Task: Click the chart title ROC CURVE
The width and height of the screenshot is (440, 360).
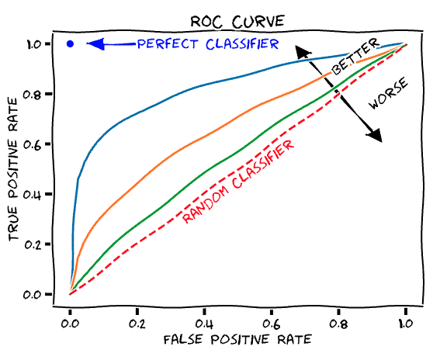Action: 237,20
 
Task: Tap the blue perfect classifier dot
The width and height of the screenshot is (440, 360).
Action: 71,44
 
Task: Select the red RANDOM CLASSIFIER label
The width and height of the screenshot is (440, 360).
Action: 238,182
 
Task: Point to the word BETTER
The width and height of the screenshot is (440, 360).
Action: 355,56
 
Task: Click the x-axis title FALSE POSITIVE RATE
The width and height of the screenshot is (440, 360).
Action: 237,340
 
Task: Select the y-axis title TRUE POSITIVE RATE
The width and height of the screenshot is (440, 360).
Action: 15,168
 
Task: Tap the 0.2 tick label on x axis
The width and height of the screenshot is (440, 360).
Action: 137,319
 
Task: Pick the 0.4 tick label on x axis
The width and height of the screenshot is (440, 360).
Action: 204,319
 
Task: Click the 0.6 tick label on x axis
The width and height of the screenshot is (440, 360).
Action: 271,319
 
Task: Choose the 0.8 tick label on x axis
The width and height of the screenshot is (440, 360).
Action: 338,319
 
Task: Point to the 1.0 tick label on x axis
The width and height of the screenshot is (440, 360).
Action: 405,319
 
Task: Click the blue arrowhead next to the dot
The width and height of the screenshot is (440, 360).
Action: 95,44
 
